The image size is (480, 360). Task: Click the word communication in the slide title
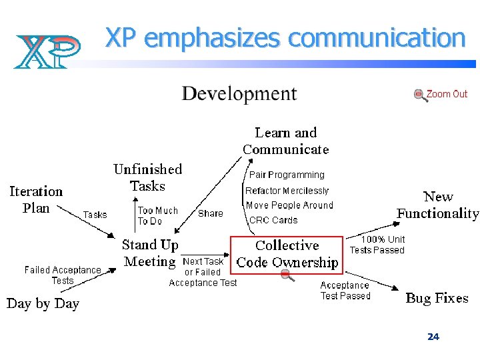[376, 38]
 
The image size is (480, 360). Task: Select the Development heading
[239, 93]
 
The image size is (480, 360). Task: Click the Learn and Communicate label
[286, 141]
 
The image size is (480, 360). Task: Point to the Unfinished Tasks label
[147, 177]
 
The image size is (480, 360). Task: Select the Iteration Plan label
[36, 199]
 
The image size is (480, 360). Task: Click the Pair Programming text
[287, 175]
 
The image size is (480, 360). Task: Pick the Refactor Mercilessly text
[287, 191]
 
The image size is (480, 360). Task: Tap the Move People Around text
[289, 205]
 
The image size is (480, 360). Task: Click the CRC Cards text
[273, 220]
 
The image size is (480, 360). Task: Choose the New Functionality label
[438, 205]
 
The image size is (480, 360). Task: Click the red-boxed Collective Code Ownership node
[287, 254]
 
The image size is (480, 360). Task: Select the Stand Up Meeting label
[150, 253]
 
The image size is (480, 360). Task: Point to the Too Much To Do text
[158, 215]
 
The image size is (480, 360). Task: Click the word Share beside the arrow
[211, 213]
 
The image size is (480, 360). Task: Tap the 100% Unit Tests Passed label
[377, 245]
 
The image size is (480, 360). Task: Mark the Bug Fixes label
[437, 298]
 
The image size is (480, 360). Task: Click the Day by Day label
[43, 303]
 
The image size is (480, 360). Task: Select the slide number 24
[433, 337]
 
